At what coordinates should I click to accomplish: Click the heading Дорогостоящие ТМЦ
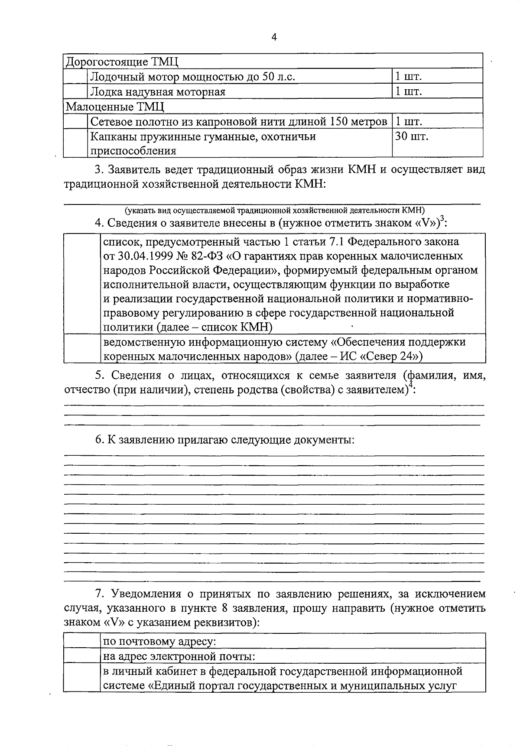[x=122, y=62]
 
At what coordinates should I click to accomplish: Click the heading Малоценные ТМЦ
[x=115, y=107]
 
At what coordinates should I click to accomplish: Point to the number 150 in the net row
[x=343, y=122]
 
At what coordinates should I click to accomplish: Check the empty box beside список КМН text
[x=82, y=284]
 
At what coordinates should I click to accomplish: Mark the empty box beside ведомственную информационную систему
[x=82, y=349]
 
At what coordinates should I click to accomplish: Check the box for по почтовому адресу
[x=82, y=641]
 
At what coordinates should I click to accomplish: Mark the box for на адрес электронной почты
[x=82, y=656]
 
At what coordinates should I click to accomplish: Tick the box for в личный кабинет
[x=82, y=678]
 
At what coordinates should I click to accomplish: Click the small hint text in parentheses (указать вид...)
[x=275, y=211]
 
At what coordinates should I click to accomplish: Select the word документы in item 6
[x=324, y=440]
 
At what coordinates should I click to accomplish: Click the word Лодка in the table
[x=106, y=92]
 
